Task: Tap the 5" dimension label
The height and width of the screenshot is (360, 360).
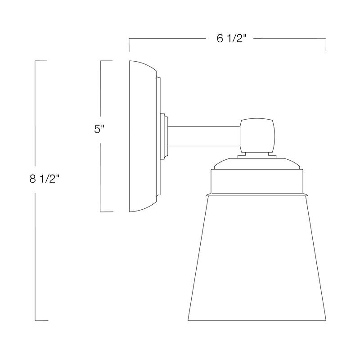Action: (x=99, y=129)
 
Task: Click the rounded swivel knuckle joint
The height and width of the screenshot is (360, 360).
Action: (x=257, y=135)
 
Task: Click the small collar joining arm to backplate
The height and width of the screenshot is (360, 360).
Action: (x=165, y=136)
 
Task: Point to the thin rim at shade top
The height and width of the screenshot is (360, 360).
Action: (x=257, y=195)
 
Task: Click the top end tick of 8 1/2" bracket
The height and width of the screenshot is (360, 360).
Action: (x=41, y=60)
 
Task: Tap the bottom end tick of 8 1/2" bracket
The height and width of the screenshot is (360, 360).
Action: (x=41, y=320)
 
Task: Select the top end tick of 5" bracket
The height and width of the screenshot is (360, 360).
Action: (x=106, y=60)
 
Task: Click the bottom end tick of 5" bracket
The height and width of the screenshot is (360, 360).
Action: (x=106, y=211)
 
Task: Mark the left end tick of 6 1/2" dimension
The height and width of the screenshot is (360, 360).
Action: (x=130, y=45)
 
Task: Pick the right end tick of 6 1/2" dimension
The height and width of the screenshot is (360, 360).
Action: (x=326, y=45)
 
